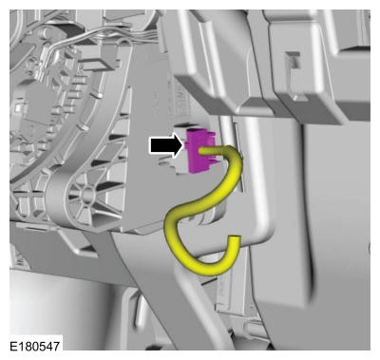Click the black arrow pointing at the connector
[165, 145]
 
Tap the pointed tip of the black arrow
[183, 145]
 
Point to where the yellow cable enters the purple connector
[200, 151]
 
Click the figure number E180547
[34, 346]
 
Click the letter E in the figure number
[13, 346]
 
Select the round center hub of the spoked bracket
[86, 194]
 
